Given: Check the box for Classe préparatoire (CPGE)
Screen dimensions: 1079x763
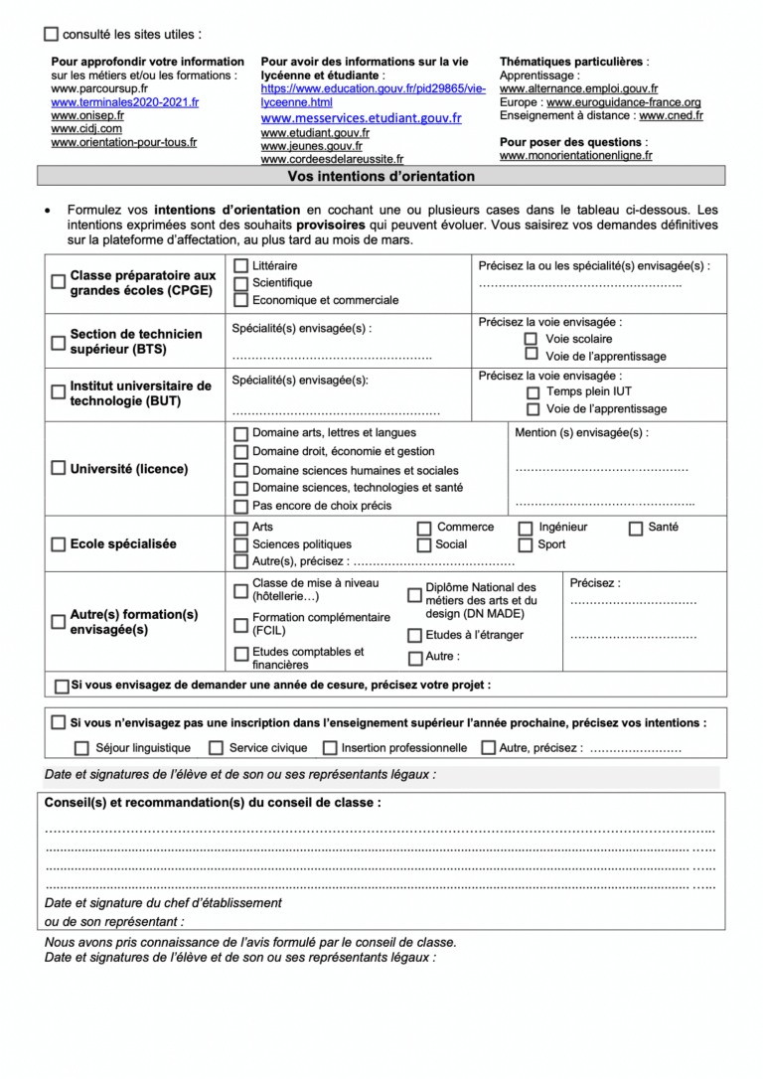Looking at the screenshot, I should point(59,282).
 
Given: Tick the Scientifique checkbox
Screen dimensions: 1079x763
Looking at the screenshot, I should point(240,283).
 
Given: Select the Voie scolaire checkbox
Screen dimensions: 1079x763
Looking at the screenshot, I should point(533,338).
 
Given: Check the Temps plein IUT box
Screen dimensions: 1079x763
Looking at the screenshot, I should point(534,392).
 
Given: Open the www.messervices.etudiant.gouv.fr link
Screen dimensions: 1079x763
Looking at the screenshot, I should point(361,117).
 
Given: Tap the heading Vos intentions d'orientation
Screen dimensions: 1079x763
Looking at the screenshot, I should point(381,177).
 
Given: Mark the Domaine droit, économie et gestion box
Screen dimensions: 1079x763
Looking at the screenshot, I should point(240,452).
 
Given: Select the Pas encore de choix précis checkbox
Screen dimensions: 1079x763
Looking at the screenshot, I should point(240,506).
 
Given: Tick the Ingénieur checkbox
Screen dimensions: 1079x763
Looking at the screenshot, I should point(526,528).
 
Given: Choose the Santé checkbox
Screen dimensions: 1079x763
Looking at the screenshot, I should point(636,528).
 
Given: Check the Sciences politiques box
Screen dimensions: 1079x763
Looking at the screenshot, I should point(240,544).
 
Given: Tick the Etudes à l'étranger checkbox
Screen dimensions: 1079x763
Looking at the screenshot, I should point(414,636).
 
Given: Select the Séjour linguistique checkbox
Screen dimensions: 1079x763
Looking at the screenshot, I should point(81,748).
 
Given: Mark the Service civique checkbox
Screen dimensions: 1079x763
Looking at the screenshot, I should point(216,748).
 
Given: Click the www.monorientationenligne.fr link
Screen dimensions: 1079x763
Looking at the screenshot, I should point(575,155).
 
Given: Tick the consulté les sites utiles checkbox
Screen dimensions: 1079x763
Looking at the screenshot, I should point(52,34).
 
